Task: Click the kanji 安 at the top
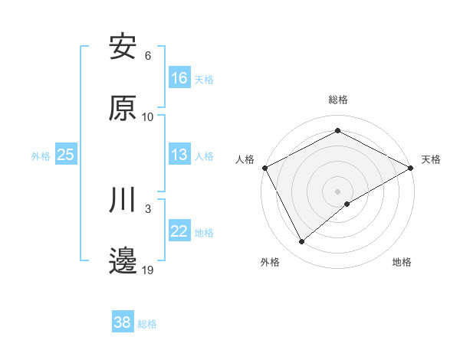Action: click(123, 47)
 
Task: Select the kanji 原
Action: click(123, 109)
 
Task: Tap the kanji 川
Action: click(123, 201)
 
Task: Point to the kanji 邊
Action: click(123, 262)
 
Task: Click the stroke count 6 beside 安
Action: click(148, 56)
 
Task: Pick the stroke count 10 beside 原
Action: click(148, 117)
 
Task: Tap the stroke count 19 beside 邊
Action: click(148, 270)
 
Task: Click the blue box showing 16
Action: click(179, 78)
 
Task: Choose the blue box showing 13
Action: click(179, 155)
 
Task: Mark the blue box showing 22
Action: click(179, 231)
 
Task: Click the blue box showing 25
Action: click(66, 155)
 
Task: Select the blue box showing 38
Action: click(123, 322)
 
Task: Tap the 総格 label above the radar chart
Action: click(338, 100)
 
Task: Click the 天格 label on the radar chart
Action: click(432, 159)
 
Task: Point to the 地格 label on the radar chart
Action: click(402, 262)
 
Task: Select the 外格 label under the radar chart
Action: click(270, 262)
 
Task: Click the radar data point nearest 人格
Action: click(264, 168)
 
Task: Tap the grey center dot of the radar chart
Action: click(338, 191)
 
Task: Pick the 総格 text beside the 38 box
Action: click(148, 324)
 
